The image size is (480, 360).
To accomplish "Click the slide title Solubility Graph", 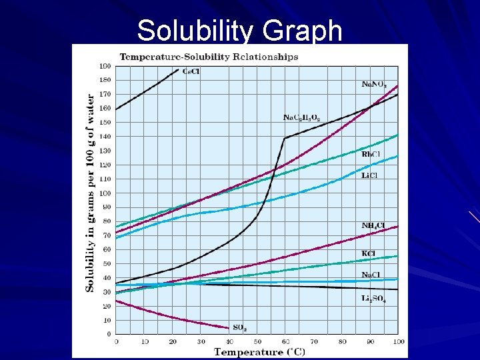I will tap(239, 30).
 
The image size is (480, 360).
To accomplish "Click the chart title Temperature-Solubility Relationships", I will tap(209, 57).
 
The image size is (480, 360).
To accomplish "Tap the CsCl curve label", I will tap(189, 72).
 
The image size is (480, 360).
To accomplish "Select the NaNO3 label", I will tap(373, 85).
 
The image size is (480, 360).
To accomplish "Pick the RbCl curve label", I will tap(371, 155).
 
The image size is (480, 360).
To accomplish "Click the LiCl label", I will tap(370, 175).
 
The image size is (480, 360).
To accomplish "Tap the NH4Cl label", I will tap(373, 226).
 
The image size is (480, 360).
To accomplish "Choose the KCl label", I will tap(369, 253).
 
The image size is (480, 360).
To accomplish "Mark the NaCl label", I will tap(371, 275).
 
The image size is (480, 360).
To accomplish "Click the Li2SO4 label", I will tap(373, 299).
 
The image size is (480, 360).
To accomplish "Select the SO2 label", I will tap(240, 327).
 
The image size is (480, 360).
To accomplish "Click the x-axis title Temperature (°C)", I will tap(257, 352).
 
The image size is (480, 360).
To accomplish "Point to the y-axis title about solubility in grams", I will tap(90, 192).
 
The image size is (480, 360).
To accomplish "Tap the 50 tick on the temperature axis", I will tap(257, 341).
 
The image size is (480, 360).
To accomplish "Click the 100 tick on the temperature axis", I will tap(398, 341).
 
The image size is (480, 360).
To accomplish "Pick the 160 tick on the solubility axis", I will tap(105, 108).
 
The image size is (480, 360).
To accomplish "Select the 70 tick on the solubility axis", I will tap(107, 235).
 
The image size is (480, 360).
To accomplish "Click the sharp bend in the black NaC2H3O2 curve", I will tap(285, 138).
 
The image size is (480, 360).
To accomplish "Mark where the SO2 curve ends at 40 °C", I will tap(229, 327).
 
